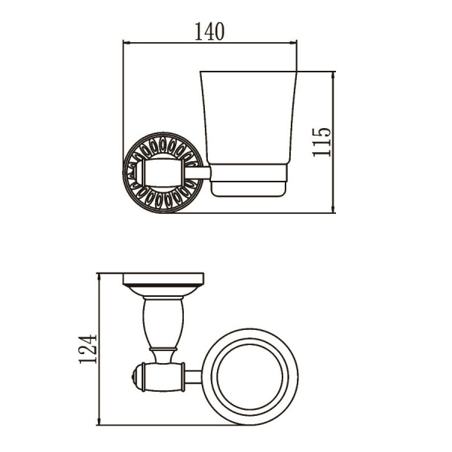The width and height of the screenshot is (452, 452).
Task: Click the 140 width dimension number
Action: [x=209, y=32]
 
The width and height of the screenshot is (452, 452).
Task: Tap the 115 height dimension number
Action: [x=322, y=142]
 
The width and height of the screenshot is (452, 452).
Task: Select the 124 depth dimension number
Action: [x=87, y=349]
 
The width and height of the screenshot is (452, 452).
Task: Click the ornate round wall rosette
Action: [x=163, y=173]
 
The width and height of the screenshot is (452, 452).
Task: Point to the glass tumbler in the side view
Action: [x=249, y=118]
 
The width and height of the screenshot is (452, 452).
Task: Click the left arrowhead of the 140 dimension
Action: [x=125, y=43]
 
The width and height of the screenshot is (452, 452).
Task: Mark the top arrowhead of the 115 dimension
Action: [x=333, y=74]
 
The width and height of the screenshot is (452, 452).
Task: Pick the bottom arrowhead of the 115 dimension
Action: [x=333, y=210]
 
